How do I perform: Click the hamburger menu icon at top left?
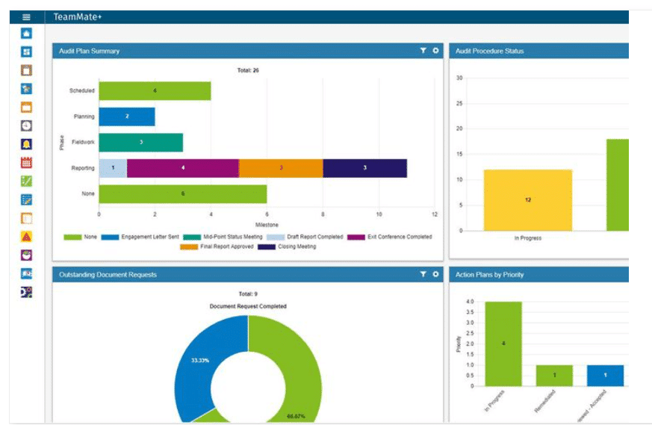click(x=26, y=16)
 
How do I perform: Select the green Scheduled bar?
click(x=155, y=91)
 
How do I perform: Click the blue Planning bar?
click(x=126, y=117)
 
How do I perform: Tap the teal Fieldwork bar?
click(x=140, y=142)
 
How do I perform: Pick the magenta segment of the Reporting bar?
click(x=183, y=168)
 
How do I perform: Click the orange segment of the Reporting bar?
click(x=281, y=168)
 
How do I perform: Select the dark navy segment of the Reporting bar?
click(x=364, y=168)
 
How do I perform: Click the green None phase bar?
click(x=183, y=193)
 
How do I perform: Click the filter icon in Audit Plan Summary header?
click(x=423, y=51)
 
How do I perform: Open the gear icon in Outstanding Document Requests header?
click(x=435, y=274)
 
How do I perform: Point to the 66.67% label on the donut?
click(x=296, y=416)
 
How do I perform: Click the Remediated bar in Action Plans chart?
click(x=554, y=375)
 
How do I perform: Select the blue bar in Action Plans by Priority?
click(x=605, y=375)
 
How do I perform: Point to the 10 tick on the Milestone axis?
click(x=379, y=214)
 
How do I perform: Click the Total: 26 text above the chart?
click(x=248, y=70)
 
